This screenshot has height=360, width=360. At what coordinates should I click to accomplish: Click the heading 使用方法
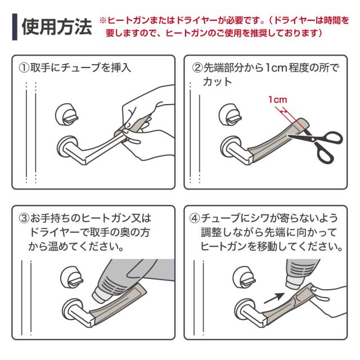point(56,26)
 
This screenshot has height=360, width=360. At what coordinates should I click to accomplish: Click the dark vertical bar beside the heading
point(15,27)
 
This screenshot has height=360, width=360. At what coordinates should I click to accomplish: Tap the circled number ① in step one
point(23,69)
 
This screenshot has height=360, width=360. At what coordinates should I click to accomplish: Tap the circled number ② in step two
point(197,69)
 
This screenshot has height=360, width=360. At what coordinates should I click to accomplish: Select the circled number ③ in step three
point(23,218)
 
